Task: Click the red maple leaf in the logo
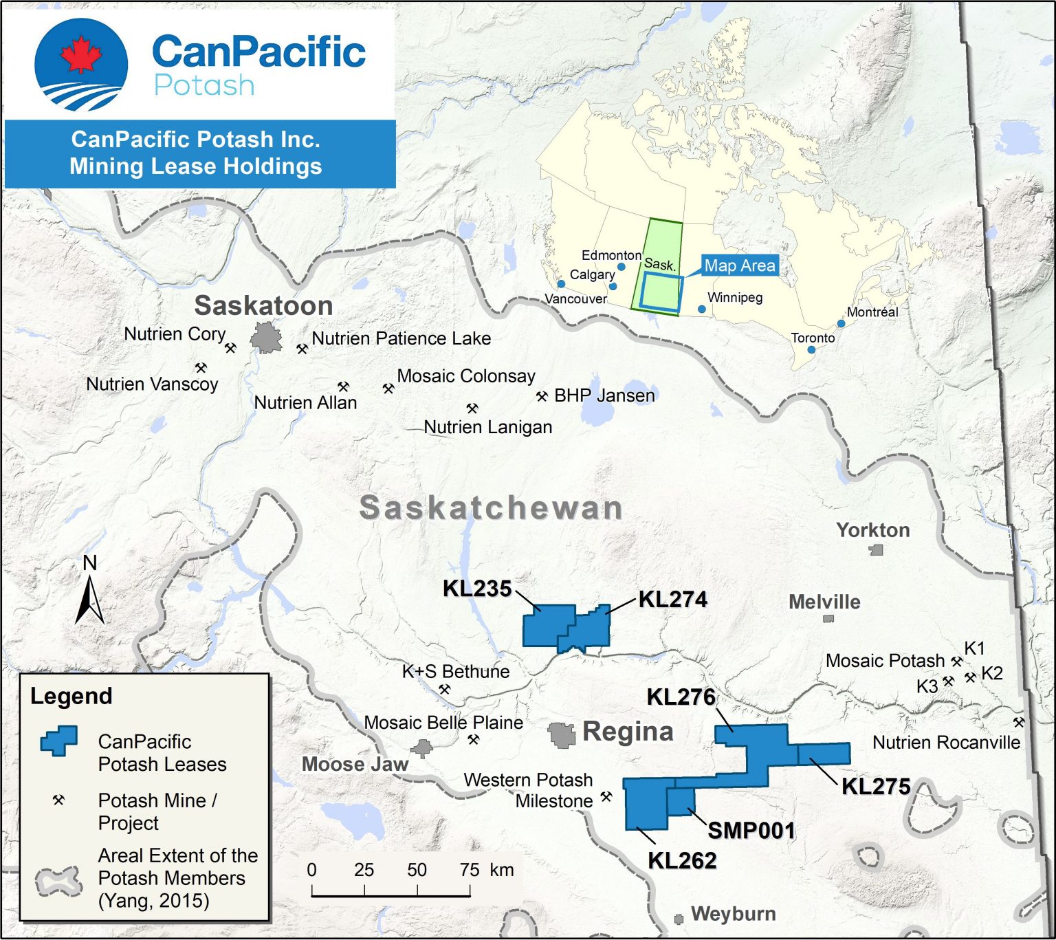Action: pos(81,55)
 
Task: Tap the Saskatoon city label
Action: pos(264,305)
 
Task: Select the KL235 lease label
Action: pos(477,589)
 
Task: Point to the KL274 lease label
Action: pos(673,600)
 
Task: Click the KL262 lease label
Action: pos(682,860)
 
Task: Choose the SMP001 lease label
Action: pos(751,831)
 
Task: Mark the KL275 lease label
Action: pos(876,787)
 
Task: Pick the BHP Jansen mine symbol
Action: pos(542,396)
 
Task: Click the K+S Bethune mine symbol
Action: pos(445,689)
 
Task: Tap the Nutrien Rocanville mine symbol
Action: pos(1019,722)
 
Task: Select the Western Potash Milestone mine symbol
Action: pos(606,796)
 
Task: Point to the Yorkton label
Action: pos(873,530)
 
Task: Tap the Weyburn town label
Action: pos(734,914)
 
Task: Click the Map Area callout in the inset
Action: pos(740,265)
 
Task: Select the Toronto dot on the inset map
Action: pos(811,350)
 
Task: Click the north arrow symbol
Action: pos(89,600)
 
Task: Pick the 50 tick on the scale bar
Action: pos(417,890)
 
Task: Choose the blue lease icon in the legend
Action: pos(58,741)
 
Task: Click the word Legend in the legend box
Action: pos(71,696)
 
